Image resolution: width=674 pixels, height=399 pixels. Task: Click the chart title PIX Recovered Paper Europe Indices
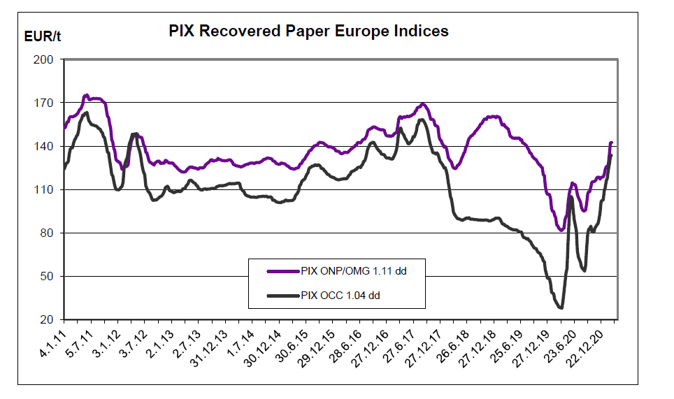308,31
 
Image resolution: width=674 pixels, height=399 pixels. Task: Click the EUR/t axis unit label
43,36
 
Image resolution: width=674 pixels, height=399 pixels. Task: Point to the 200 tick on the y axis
44,59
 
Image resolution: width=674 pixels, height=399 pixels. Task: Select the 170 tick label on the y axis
44,103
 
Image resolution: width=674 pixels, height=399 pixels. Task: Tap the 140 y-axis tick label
44,146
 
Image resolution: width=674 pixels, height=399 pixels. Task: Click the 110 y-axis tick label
44,189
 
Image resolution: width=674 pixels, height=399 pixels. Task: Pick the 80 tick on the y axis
46,233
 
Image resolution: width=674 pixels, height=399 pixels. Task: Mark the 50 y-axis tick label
46,276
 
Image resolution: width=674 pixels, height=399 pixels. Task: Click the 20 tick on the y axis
46,319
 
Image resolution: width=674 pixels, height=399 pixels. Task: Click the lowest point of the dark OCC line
561,307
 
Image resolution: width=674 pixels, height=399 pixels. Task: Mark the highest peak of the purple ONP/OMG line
86,95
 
